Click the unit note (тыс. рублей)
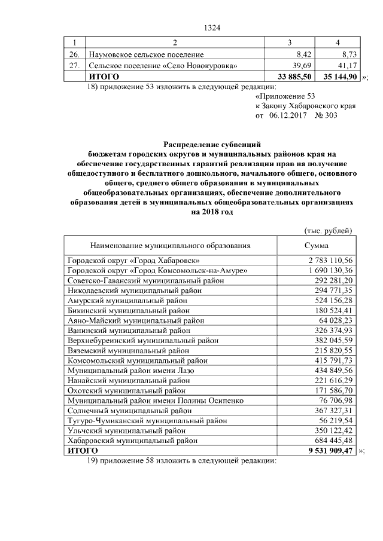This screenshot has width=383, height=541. (x=329, y=231)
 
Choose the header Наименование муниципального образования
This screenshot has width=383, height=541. (x=170, y=245)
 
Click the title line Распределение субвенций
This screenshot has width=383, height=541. (x=212, y=144)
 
